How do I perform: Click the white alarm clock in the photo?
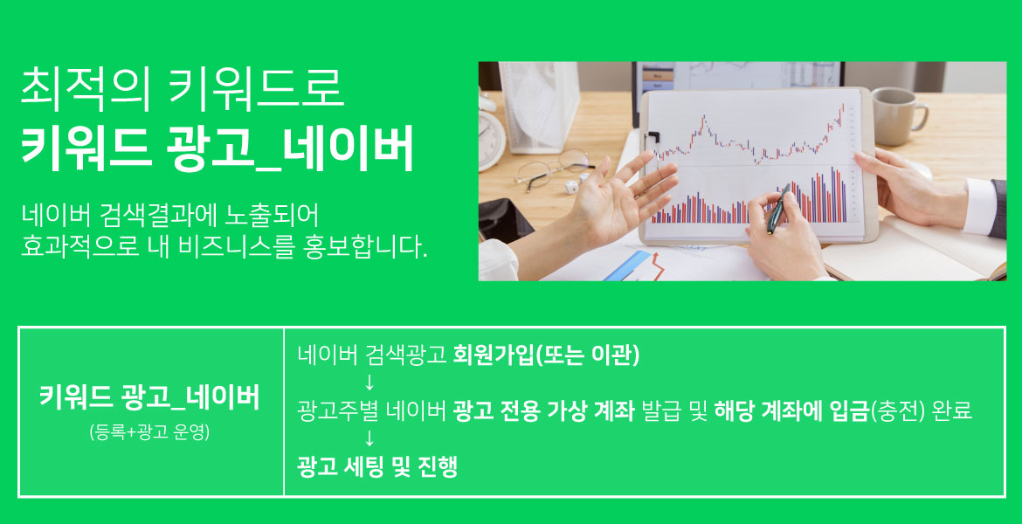point(490,137)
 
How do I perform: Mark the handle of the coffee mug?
point(921,117)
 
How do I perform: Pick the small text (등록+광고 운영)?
point(149,432)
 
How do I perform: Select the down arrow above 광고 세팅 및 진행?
point(369,438)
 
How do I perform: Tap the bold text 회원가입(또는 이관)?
point(546,355)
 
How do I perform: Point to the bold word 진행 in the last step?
point(438,467)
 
